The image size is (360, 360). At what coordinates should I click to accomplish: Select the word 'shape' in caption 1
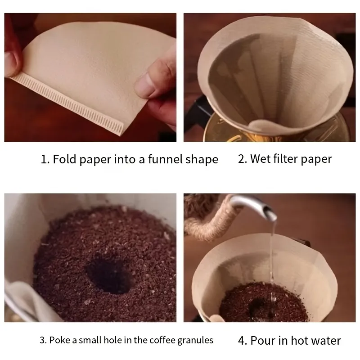tap(202, 160)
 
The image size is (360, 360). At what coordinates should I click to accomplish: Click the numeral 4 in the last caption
tap(241, 341)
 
